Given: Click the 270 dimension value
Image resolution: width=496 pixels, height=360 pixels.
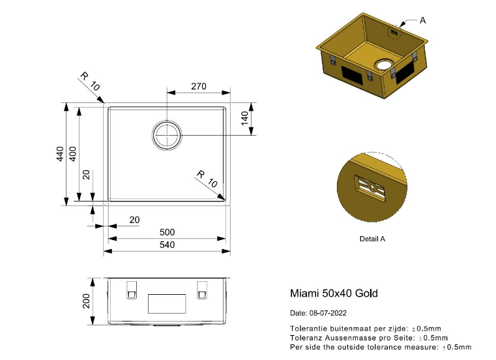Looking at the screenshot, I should pyautogui.click(x=198, y=86).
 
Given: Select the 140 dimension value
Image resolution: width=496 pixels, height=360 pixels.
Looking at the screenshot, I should pyautogui.click(x=245, y=119).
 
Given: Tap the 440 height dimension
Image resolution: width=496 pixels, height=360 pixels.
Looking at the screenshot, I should pyautogui.click(x=59, y=154).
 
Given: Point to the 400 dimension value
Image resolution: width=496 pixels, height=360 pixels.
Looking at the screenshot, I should pyautogui.click(x=72, y=154).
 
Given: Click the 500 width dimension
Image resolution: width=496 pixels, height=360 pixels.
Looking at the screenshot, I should pyautogui.click(x=167, y=233).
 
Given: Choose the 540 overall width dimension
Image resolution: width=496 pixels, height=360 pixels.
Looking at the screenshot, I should pyautogui.click(x=167, y=245).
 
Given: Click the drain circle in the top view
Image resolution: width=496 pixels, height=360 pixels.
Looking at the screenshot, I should pyautogui.click(x=167, y=135).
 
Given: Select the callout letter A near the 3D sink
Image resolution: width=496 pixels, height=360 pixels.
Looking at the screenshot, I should pyautogui.click(x=422, y=20).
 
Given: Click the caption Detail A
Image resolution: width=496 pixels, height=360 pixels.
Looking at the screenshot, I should pyautogui.click(x=372, y=239).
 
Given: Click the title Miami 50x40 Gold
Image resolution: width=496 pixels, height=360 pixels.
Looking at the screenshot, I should pyautogui.click(x=333, y=293).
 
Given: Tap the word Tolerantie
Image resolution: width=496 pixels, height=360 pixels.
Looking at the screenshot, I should pyautogui.click(x=308, y=328).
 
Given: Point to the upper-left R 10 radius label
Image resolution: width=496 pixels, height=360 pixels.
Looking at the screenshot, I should pyautogui.click(x=90, y=82).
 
